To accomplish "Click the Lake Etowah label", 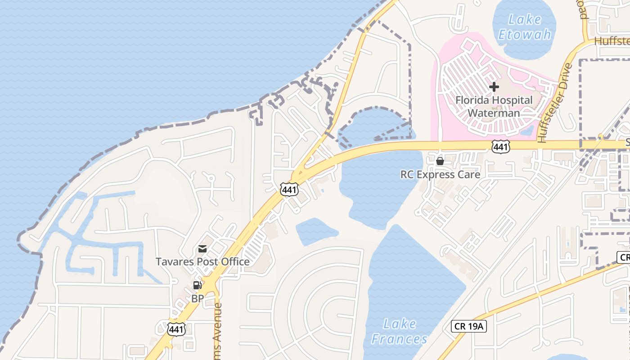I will pos(524,27).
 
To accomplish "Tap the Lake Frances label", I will pos(399,331).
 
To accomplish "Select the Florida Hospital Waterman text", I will pos(494,107).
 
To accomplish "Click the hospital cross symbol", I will pos(494,86).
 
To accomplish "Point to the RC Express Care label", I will pos(440,174).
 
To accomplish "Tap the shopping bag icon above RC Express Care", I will pos(440,161).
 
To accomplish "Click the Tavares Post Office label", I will pos(202,261).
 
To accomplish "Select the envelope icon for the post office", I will pos(202,249).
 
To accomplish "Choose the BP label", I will pos(198,298).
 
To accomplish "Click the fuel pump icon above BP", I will pos(197,285).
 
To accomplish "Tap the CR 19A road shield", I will pos(468,326).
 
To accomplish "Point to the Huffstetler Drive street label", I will pos(555,103).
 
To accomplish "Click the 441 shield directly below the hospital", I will pos(501,146).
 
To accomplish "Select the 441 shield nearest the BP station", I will pos(176,329).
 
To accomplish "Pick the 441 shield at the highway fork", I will pos(288,189).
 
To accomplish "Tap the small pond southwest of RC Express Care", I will pos(316,230).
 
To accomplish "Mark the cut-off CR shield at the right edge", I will pos(624,257).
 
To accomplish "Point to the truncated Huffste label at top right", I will pos(612,41).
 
